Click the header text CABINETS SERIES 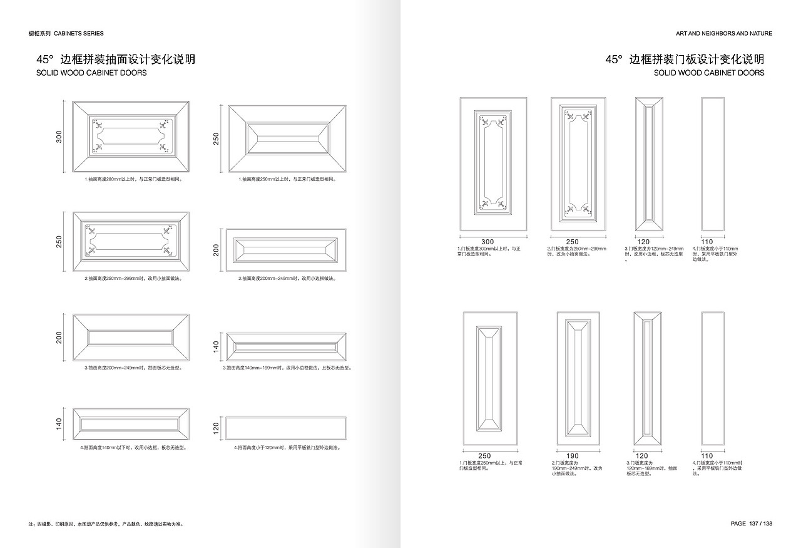tap(79, 33)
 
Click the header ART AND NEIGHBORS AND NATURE tap(724, 33)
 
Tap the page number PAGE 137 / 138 tap(752, 524)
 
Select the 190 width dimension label tap(573, 456)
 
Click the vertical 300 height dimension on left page tap(59, 137)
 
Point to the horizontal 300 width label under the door tap(487, 242)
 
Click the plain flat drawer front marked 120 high tap(285, 428)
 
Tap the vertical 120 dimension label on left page tap(216, 428)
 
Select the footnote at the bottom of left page tap(106, 524)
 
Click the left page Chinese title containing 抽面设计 tap(116, 59)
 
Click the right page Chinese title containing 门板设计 tap(685, 59)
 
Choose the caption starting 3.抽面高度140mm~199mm tap(287, 368)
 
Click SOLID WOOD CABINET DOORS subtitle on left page tap(92, 73)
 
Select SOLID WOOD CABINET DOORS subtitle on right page tap(709, 73)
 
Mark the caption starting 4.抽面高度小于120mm tap(287, 448)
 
